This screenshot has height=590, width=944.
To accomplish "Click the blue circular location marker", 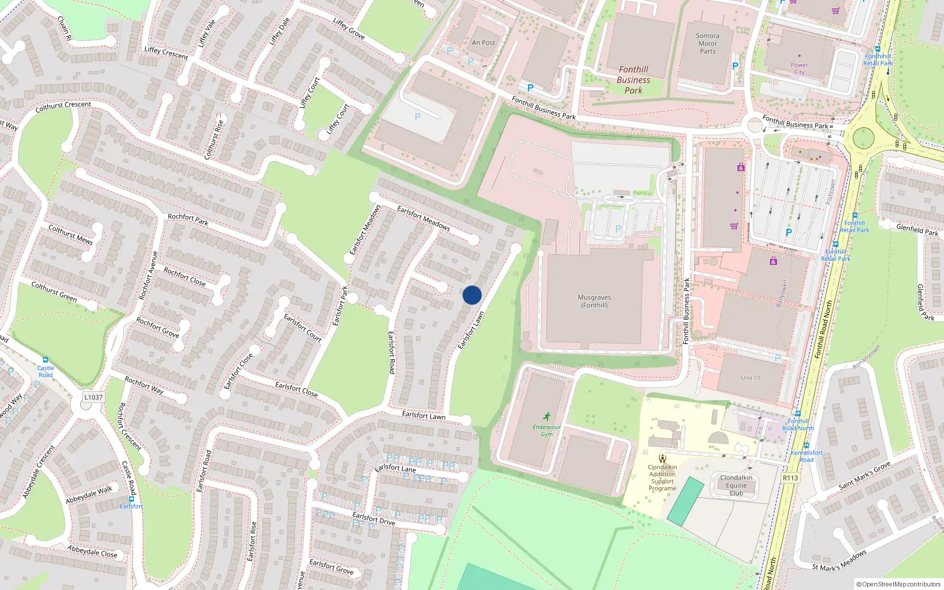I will point(472,295).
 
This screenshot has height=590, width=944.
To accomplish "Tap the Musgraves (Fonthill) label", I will point(594,301).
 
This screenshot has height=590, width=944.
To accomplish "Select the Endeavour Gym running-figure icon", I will point(547,417).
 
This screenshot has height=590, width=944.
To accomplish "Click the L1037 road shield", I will point(93,397).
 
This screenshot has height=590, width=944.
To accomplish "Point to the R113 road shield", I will point(790,478).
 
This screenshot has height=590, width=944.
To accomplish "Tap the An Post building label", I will point(483,42).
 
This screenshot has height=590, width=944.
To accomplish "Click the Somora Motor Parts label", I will point(707,44).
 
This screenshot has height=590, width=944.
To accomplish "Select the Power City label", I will point(799,68).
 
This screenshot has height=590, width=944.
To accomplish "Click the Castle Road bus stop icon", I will point(45,360).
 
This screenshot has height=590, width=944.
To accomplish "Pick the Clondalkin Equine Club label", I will point(736,485).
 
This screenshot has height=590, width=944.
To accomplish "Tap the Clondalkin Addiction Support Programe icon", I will point(663,458).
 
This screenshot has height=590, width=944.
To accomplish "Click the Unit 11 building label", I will point(750,378).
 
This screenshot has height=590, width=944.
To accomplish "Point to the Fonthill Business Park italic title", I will point(634,80).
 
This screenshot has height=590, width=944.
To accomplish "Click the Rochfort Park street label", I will point(188,219).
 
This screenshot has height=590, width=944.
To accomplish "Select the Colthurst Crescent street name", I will point(63,106).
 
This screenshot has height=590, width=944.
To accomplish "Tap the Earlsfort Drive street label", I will point(373,519).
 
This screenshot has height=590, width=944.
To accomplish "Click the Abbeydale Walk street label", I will point(89,495).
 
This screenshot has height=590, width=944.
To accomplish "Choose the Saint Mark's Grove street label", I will point(864,476).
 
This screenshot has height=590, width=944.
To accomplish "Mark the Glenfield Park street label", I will point(917,230).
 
